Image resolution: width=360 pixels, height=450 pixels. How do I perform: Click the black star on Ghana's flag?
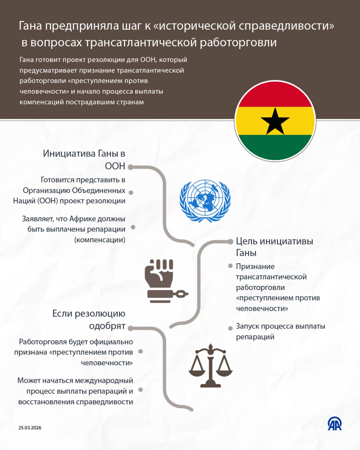[x=275, y=122]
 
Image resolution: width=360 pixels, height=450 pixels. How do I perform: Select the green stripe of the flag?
[x=275, y=146]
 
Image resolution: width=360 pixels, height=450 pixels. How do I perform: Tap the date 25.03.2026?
[x=30, y=428]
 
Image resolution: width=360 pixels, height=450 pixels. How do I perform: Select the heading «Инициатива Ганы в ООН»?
[x=84, y=159]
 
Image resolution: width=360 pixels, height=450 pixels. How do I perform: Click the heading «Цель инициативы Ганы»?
[x=274, y=247]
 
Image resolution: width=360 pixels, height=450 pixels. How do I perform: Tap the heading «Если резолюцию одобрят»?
[x=89, y=319]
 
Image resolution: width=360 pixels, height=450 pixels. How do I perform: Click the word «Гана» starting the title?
[x=31, y=26]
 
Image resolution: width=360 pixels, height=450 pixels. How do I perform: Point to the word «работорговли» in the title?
[x=238, y=42]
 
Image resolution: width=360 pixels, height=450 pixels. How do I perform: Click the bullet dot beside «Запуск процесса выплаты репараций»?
[x=230, y=328]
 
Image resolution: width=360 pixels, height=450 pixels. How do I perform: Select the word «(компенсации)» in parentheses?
[x=100, y=240]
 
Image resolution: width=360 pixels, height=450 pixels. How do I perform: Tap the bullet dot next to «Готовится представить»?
[x=131, y=193]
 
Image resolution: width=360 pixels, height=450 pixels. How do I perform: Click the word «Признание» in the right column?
[x=255, y=266]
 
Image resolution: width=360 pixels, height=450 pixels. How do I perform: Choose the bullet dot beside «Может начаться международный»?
[x=140, y=390]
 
